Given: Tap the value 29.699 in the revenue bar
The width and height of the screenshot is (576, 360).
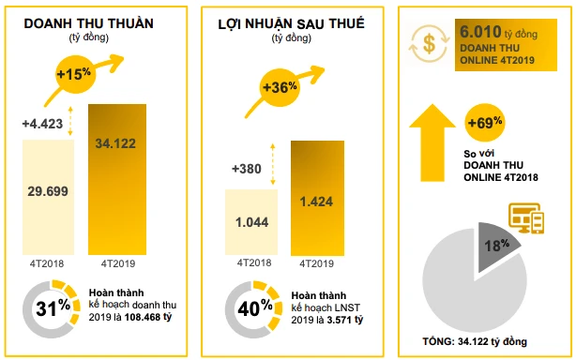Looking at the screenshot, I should click(48, 190).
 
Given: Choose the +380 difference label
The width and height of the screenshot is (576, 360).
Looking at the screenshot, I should click(246, 170).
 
